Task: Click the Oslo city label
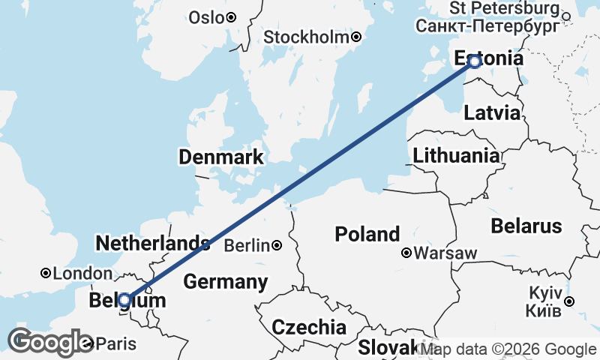pyautogui.click(x=206, y=17)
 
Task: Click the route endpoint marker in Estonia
pyautogui.click(x=474, y=61)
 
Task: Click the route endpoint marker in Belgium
pyautogui.click(x=125, y=299)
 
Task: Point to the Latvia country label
pyautogui.click(x=492, y=113)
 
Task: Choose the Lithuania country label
pyautogui.click(x=456, y=155)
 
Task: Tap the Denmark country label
pyautogui.click(x=220, y=157)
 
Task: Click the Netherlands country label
pyautogui.click(x=153, y=243)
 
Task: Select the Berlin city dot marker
pyautogui.click(x=277, y=245)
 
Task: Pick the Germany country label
pyautogui.click(x=226, y=282)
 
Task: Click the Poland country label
pyautogui.click(x=367, y=233)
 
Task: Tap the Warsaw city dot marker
pyautogui.click(x=406, y=253)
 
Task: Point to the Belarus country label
pyautogui.click(x=526, y=226)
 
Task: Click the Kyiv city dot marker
pyautogui.click(x=569, y=301)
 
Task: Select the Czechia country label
pyautogui.click(x=309, y=327)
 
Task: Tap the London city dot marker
pyautogui.click(x=46, y=274)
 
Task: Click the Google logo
pyautogui.click(x=49, y=342)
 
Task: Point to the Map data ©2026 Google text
pyautogui.click(x=508, y=349)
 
